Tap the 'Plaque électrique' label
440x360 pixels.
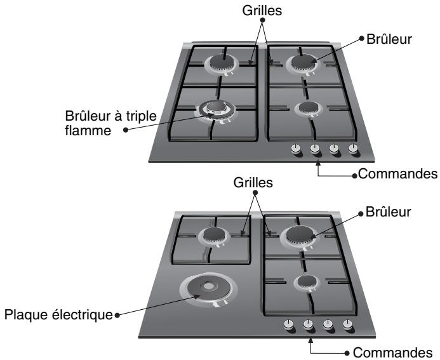60,313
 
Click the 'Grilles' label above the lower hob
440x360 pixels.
257,182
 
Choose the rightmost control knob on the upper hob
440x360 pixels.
353,150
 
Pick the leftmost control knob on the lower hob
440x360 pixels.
289,324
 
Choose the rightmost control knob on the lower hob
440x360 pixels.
347,324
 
